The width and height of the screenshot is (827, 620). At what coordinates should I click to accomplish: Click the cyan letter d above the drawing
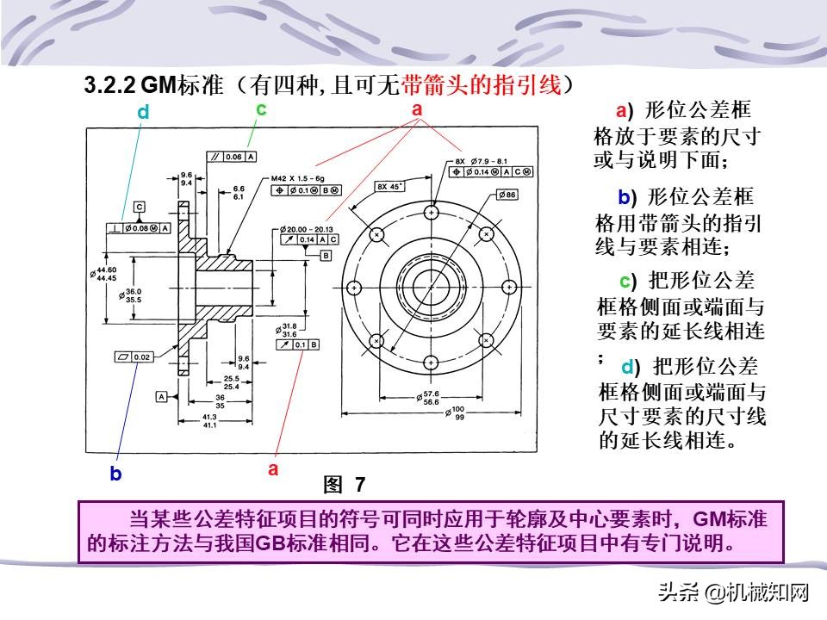(x=144, y=112)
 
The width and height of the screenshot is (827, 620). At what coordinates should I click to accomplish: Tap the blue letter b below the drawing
(x=115, y=474)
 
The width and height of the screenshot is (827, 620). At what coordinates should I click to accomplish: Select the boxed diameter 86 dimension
(x=507, y=195)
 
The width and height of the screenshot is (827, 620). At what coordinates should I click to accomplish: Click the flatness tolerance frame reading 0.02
(x=134, y=356)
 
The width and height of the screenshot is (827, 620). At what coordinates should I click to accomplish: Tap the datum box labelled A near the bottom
(x=161, y=396)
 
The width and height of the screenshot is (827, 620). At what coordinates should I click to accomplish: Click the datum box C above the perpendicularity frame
(x=139, y=207)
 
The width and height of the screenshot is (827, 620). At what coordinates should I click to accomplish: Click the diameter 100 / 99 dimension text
(x=457, y=412)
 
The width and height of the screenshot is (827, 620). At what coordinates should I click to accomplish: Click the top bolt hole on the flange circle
(x=432, y=211)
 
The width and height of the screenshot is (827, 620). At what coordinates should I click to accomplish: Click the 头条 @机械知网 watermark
(x=733, y=592)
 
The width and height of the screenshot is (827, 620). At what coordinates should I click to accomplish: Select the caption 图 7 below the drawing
(x=344, y=484)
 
